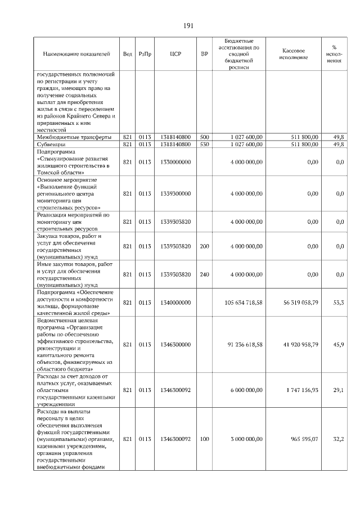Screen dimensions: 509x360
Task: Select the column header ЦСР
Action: [x=175, y=55]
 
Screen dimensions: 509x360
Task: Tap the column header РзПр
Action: [x=145, y=55]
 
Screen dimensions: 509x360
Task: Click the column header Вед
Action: [x=128, y=55]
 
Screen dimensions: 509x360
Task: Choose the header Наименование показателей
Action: [x=76, y=55]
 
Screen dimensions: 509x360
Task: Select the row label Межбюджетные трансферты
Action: [x=74, y=137]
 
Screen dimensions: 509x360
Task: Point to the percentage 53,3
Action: [x=339, y=303]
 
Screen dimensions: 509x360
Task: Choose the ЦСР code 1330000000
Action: [x=175, y=162]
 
